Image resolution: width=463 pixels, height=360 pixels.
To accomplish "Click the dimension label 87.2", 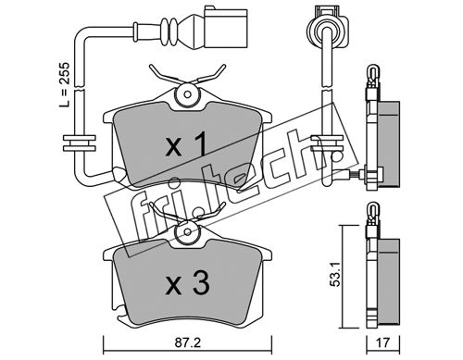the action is [x=188, y=342].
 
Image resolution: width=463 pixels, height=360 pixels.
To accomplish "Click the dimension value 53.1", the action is [x=334, y=274].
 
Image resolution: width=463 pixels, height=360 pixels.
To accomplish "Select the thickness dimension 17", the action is [x=382, y=342].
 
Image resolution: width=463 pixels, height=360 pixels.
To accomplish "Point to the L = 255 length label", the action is [x=65, y=84].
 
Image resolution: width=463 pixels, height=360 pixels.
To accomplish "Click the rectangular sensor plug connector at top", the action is [x=224, y=28].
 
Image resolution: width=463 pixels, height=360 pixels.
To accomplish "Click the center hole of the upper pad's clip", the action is [x=187, y=93].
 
